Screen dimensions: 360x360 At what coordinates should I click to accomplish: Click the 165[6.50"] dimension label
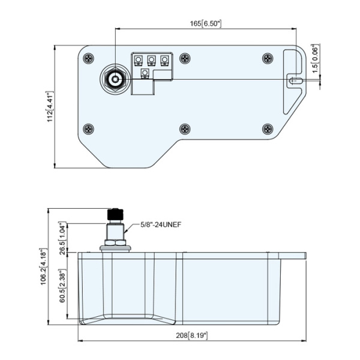(x=206, y=23)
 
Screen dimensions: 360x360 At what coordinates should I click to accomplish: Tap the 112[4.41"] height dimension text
(x=50, y=106)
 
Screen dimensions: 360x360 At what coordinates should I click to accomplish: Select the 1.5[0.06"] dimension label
(x=316, y=59)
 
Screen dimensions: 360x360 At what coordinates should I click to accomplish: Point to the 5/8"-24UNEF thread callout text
(x=161, y=224)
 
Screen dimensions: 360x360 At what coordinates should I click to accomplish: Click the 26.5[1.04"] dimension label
(x=62, y=239)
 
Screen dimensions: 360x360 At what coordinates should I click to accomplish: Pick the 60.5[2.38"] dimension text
(x=62, y=286)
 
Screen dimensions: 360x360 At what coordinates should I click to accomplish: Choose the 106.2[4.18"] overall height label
(x=43, y=266)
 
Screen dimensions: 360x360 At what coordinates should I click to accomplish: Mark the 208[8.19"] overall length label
(x=192, y=335)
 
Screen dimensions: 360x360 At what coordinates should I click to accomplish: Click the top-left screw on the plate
(x=88, y=59)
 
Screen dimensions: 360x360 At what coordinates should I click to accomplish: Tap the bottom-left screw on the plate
(x=88, y=129)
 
